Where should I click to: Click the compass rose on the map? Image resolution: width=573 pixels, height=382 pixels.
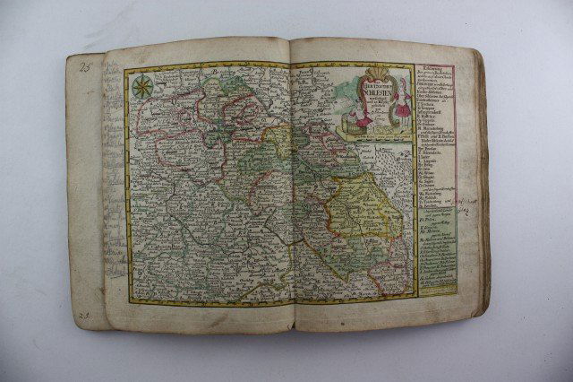(x=141, y=87)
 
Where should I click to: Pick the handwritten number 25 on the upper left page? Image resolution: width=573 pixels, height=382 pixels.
(x=85, y=65)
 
